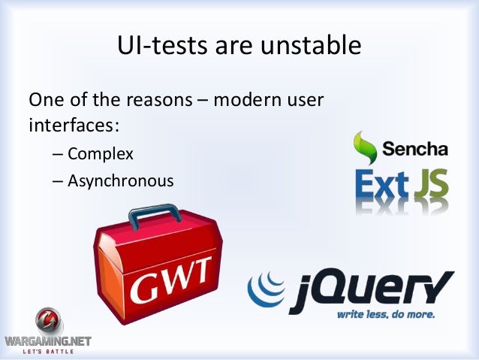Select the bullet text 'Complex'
(x=100, y=155)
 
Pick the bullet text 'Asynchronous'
(x=120, y=181)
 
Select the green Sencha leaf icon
(x=366, y=147)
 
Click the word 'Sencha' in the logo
(x=414, y=149)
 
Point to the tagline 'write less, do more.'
(x=385, y=314)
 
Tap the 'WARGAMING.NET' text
(x=47, y=341)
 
